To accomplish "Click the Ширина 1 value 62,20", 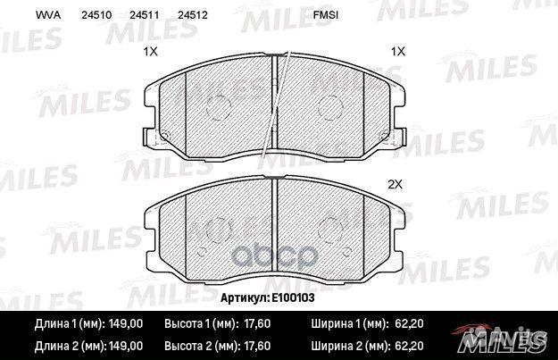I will [406, 325].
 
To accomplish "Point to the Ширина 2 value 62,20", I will [406, 344].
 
